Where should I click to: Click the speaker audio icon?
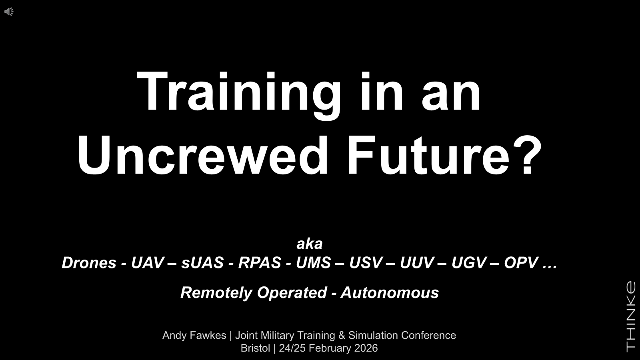tap(9, 12)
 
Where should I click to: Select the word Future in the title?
tap(428, 156)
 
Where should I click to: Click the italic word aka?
tap(310, 244)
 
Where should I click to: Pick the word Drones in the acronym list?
tap(89, 262)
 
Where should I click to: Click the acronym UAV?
tap(148, 262)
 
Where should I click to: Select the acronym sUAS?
tap(202, 262)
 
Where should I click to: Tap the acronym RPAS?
tap(260, 262)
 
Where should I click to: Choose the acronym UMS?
tap(314, 262)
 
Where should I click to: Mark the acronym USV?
tap(366, 262)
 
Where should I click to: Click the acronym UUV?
tap(417, 262)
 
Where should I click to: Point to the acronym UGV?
tap(469, 262)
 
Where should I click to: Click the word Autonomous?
tap(390, 292)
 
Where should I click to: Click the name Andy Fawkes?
tap(194, 336)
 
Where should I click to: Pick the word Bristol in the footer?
tap(255, 348)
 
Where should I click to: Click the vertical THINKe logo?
tap(631, 317)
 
